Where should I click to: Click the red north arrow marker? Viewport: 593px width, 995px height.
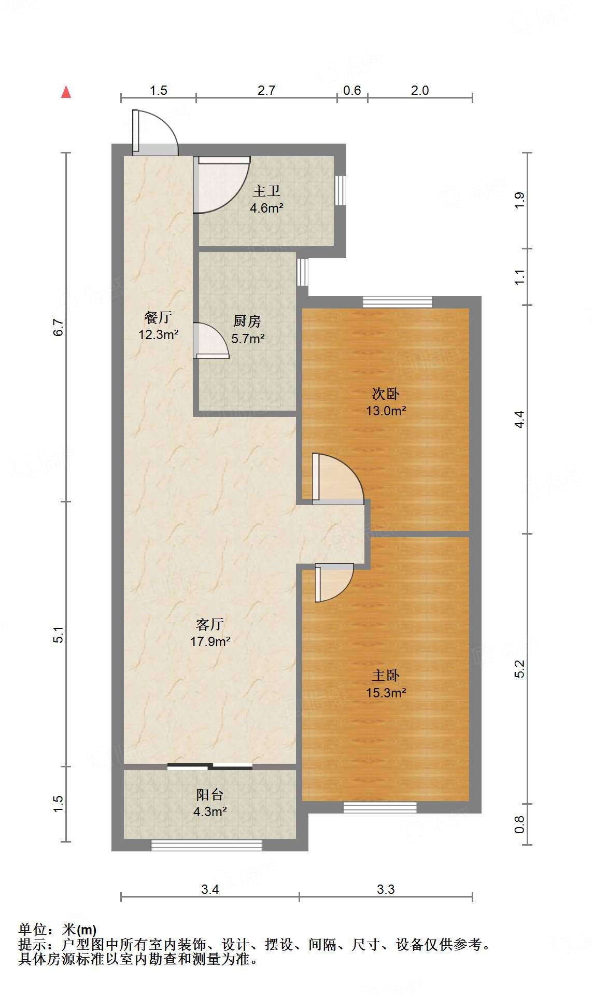click(x=66, y=92)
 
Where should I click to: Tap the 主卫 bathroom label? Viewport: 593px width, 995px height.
click(x=266, y=191)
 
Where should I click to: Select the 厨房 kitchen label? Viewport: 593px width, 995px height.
click(x=247, y=321)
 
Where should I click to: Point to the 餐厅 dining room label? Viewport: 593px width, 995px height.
click(x=158, y=317)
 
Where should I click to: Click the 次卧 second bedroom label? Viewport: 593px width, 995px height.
click(x=386, y=394)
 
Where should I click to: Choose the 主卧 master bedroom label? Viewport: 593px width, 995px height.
click(x=386, y=676)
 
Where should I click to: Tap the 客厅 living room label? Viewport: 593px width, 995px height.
click(x=210, y=624)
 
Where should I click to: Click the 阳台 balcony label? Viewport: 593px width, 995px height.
click(x=210, y=795)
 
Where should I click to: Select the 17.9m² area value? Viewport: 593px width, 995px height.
click(x=210, y=642)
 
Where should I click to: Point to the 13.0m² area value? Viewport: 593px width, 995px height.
click(x=386, y=411)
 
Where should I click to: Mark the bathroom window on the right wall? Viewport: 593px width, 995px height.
click(x=340, y=190)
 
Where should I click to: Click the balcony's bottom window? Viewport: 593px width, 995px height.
click(x=206, y=845)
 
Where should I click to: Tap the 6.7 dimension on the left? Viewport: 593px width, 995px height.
click(x=58, y=327)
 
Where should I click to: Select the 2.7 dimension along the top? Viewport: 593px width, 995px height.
click(x=266, y=90)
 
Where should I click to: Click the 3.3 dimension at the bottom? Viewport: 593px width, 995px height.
click(x=386, y=889)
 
